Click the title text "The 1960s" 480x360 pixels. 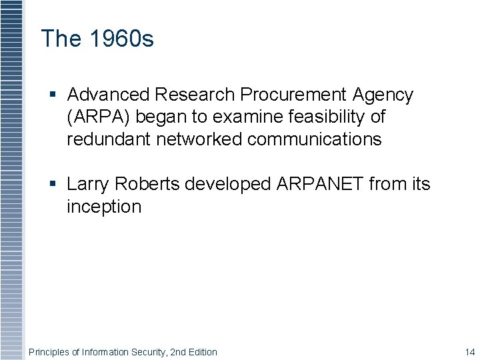point(97,39)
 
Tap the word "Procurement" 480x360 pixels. point(293,95)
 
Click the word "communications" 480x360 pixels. point(315,139)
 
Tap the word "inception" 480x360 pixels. point(104,206)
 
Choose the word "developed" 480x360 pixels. point(228,183)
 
